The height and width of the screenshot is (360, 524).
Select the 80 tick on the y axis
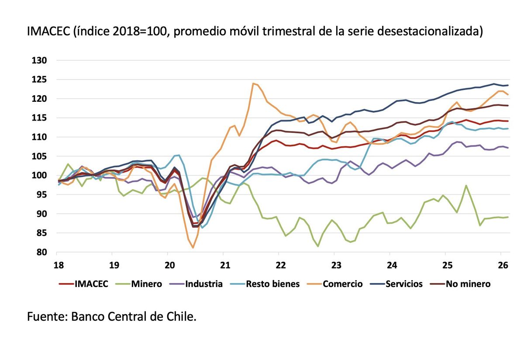click(x=41, y=253)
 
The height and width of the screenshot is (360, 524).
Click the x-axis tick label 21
click(x=223, y=265)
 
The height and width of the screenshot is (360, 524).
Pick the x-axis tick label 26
click(x=501, y=265)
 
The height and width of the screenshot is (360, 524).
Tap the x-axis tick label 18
click(x=57, y=265)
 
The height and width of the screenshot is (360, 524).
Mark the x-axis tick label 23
click(x=334, y=265)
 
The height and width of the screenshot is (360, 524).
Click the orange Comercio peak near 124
click(x=253, y=83)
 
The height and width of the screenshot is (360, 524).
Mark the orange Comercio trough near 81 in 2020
click(x=193, y=248)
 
